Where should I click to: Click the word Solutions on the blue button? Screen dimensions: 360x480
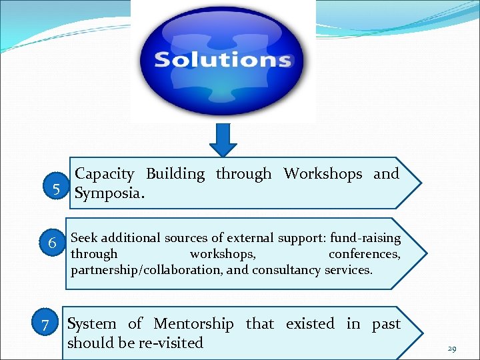[x=223, y=59]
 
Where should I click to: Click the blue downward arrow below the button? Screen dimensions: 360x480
[x=223, y=141]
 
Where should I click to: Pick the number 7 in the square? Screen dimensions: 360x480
[x=45, y=326]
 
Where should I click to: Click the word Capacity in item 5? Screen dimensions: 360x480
[x=104, y=175]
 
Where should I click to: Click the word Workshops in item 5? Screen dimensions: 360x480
[x=323, y=174]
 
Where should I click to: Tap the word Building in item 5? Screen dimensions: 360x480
[x=175, y=174]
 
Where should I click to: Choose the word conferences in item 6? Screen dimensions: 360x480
[x=364, y=254]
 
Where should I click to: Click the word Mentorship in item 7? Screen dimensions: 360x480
[x=193, y=324]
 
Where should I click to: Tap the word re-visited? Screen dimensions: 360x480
[x=171, y=343]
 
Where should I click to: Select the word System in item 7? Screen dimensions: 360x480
[x=92, y=324]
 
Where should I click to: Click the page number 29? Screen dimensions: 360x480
[x=451, y=349]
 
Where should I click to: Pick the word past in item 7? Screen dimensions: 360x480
[x=386, y=324]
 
